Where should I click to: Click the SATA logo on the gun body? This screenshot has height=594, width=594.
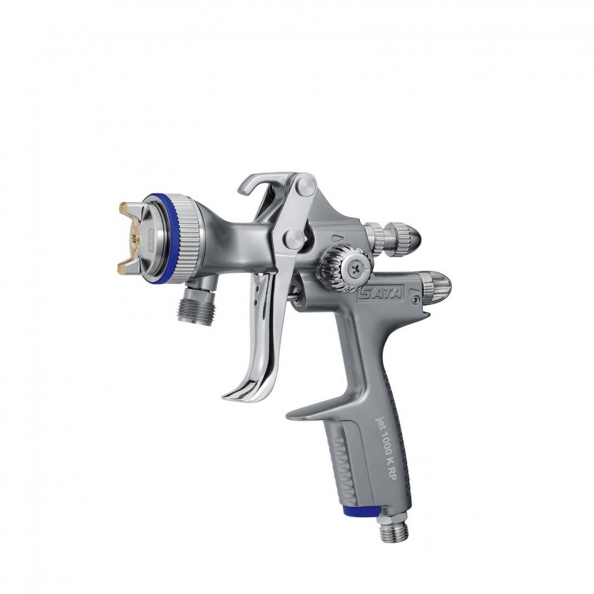click(380, 295)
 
